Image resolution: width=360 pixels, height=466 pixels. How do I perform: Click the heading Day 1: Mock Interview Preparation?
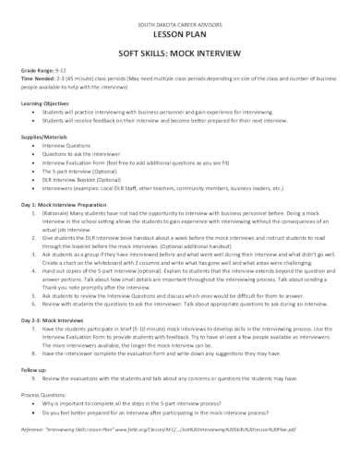click(x=72, y=203)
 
